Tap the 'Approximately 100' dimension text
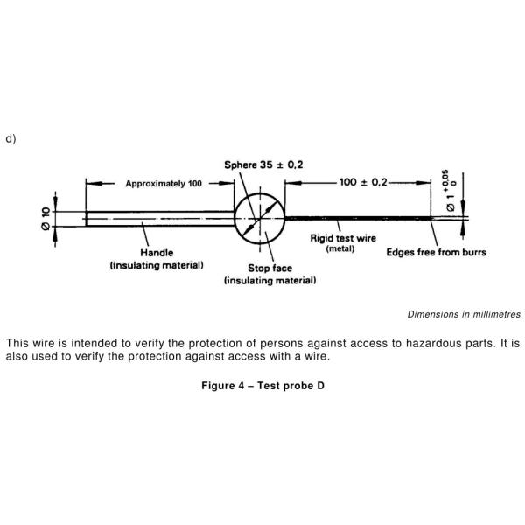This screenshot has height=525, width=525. click(x=164, y=184)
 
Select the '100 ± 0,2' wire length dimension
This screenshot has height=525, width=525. click(x=363, y=182)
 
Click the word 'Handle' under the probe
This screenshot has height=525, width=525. click(x=157, y=253)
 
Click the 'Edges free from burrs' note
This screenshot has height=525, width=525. click(x=436, y=253)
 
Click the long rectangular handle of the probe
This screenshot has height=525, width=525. click(x=157, y=218)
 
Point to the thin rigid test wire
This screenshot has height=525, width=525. click(x=359, y=218)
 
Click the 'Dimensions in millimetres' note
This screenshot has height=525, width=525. click(x=464, y=313)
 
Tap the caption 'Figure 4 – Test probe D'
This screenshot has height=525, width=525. click(x=262, y=386)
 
